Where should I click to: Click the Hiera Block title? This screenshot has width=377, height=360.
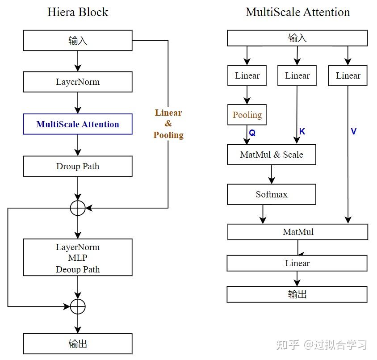click(x=78, y=12)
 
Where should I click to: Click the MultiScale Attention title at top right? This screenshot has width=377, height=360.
click(x=297, y=12)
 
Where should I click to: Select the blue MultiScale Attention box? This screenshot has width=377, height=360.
click(x=78, y=124)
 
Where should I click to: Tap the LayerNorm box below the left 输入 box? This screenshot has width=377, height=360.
click(x=78, y=82)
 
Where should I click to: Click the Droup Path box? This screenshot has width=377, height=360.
click(x=78, y=166)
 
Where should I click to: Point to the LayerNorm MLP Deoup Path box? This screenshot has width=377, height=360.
click(x=78, y=258)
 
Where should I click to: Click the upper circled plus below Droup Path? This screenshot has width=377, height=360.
click(x=78, y=208)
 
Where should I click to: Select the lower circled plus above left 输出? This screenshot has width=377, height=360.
click(x=78, y=306)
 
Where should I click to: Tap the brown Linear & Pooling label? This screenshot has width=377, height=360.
click(x=168, y=124)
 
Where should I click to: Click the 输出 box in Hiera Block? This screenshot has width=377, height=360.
click(x=78, y=343)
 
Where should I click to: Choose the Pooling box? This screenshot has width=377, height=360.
click(x=247, y=115)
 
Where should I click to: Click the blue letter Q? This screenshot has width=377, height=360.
click(x=252, y=133)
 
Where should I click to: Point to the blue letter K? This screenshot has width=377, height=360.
click(x=302, y=132)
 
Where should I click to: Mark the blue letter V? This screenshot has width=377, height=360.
click(x=353, y=132)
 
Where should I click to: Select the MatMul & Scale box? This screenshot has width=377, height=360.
click(x=272, y=155)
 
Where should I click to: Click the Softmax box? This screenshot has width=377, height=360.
click(x=272, y=195)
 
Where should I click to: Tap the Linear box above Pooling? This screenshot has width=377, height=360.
click(x=247, y=75)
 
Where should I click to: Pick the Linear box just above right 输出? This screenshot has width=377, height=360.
click(x=297, y=263)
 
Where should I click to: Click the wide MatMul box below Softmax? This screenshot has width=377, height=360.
click(x=298, y=232)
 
